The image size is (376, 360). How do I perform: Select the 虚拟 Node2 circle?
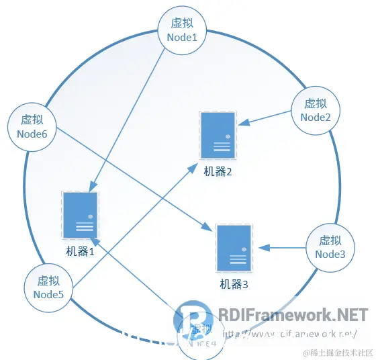[x=316, y=110]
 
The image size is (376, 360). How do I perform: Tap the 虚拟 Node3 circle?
[x=330, y=247]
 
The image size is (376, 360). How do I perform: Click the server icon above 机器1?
[x=80, y=215]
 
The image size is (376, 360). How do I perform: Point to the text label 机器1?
[x=81, y=252]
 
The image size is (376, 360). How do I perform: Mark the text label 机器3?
[x=234, y=284]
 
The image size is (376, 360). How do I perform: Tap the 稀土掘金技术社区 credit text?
[x=337, y=352]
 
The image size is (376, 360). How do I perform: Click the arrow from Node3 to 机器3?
[x=282, y=247]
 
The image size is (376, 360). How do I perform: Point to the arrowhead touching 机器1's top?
[x=92, y=189]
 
